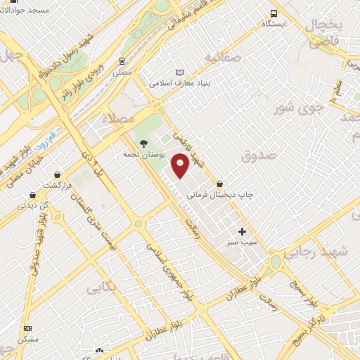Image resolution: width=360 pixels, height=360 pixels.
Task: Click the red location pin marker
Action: pos(181,165)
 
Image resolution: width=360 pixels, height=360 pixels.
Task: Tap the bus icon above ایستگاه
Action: pos(274,13)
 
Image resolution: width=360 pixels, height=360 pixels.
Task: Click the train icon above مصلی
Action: pos(122,61)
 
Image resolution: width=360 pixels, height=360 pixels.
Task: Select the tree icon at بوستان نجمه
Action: pos(143,143)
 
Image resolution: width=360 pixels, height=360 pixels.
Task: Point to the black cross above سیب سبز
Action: pos(243,231)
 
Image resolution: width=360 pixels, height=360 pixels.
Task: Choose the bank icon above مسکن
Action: pos(27,328)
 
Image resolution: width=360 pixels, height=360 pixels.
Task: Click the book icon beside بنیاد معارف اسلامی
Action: pos(179,72)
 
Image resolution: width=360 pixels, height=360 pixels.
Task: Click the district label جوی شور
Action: pos(309,109)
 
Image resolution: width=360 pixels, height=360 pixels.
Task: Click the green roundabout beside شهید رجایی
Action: pos(276,262)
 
